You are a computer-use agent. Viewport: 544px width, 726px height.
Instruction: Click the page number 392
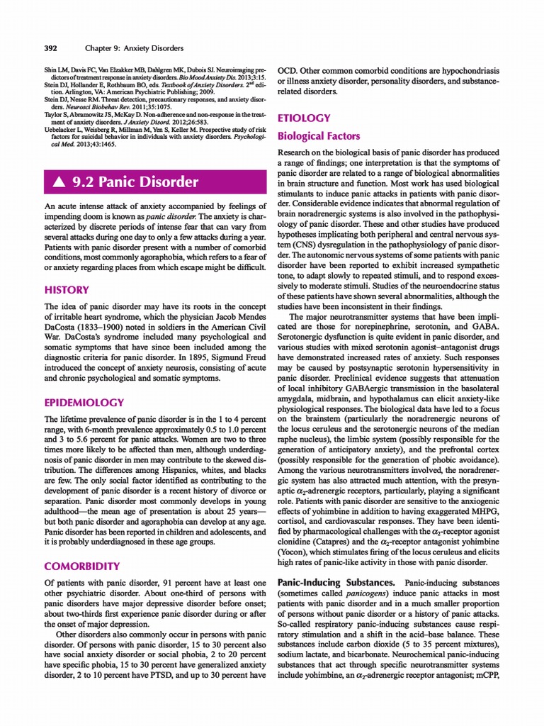click(50, 48)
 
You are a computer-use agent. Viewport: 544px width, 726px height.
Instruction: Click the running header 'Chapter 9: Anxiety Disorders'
click(134, 48)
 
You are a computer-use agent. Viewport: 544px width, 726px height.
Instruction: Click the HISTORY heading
click(67, 290)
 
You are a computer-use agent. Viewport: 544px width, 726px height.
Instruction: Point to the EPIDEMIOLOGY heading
click(84, 403)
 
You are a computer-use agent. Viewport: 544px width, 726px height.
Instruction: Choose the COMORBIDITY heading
click(82, 566)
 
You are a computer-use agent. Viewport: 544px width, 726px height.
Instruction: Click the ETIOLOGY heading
click(304, 118)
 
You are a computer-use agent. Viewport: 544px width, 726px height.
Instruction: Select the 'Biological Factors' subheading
click(318, 136)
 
